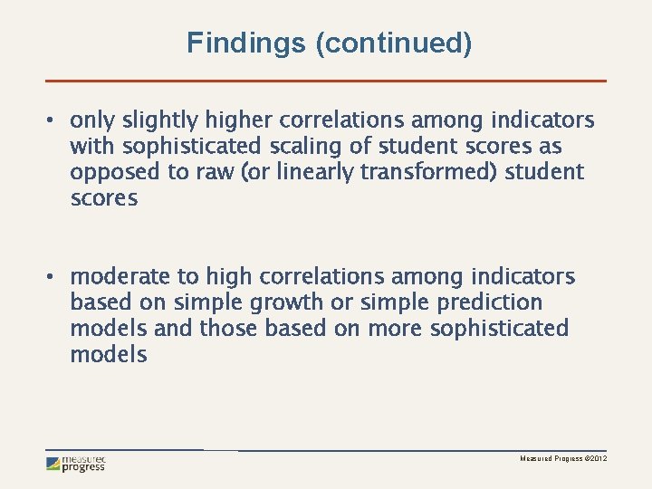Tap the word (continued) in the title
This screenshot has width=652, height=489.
[x=393, y=43]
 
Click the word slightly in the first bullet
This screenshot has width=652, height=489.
[x=160, y=120]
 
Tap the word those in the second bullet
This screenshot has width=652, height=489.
[x=228, y=329]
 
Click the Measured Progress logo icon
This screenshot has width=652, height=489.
[x=54, y=464]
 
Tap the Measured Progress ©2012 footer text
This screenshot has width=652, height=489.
[x=562, y=460]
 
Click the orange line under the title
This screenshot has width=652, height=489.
[x=326, y=81]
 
